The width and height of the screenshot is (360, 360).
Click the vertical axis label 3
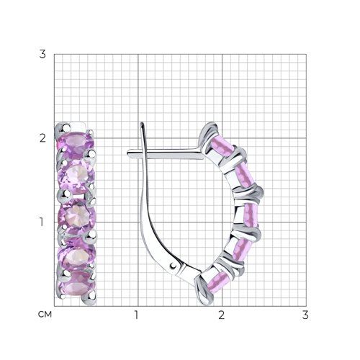tap(42, 54)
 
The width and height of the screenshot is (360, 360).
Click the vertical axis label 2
tap(42, 138)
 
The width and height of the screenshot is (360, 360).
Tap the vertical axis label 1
tap(42, 222)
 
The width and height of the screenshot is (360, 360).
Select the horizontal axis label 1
tap(136, 315)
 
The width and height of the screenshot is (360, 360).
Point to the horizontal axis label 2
tap(221, 315)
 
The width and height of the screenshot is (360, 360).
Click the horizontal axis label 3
tap(305, 315)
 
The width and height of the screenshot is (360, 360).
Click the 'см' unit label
tap(45, 314)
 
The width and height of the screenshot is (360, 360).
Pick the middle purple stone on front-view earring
tap(77, 216)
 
